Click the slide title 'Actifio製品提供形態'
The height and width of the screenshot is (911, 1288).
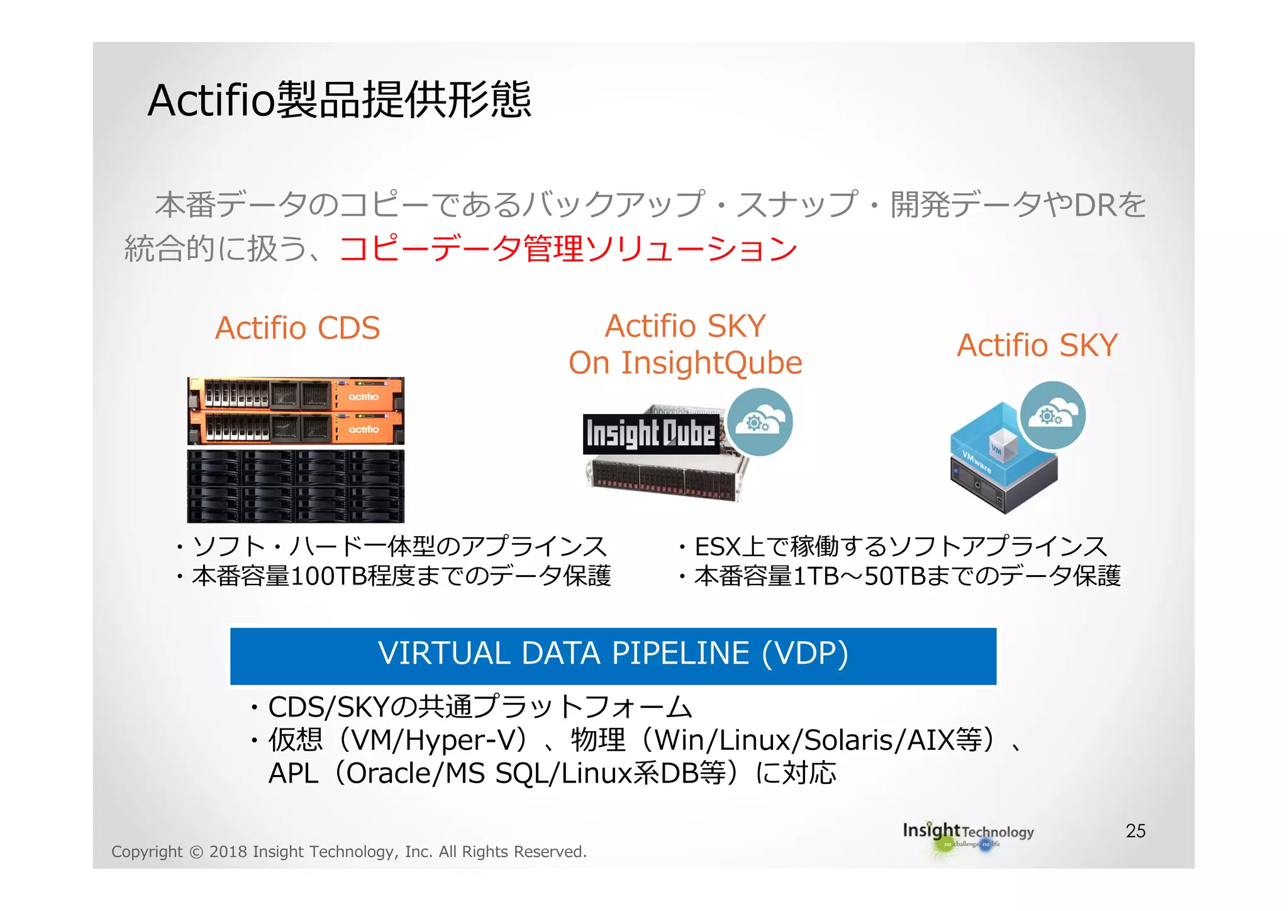point(340,100)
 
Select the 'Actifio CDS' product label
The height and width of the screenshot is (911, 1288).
point(297,328)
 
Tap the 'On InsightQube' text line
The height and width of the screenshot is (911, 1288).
point(685,363)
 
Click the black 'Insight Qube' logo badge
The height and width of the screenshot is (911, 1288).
point(650,433)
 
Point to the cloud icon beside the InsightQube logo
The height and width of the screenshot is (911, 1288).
point(760,422)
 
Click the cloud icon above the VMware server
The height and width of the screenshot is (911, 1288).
point(1053,415)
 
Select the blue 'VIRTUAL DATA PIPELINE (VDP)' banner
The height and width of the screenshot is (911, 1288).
point(613,655)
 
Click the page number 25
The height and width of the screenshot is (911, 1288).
point(1135,830)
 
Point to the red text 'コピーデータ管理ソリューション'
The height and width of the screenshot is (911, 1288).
point(568,249)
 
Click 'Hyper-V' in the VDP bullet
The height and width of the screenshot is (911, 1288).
point(465,740)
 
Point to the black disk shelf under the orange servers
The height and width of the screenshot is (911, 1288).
point(296,486)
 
